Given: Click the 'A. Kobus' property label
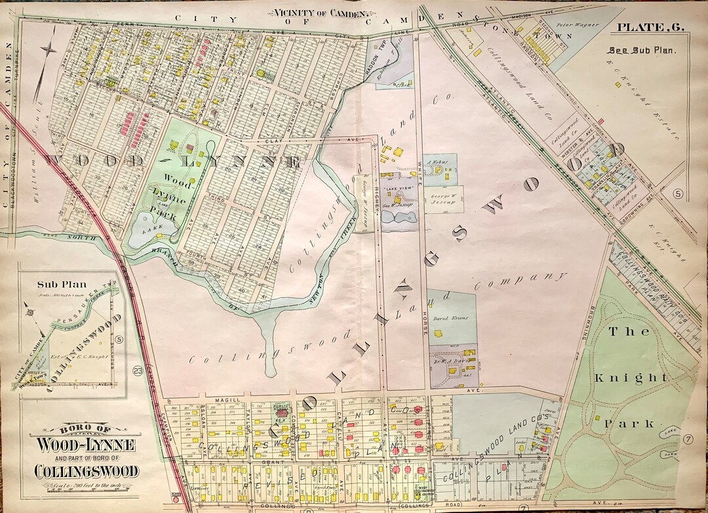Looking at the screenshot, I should click(436, 162).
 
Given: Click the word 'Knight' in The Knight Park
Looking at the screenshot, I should click(628, 378).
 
